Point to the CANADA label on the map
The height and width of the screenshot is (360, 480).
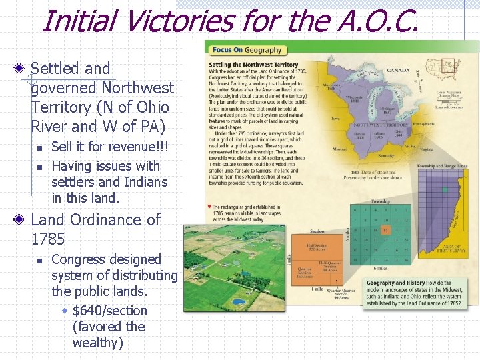pyautogui.click(x=399, y=70)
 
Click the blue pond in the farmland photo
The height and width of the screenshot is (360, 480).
pyautogui.click(x=238, y=301)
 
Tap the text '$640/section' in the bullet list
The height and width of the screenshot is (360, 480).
pyautogui.click(x=109, y=311)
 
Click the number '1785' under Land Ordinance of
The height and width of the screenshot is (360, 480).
pyautogui.click(x=47, y=239)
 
